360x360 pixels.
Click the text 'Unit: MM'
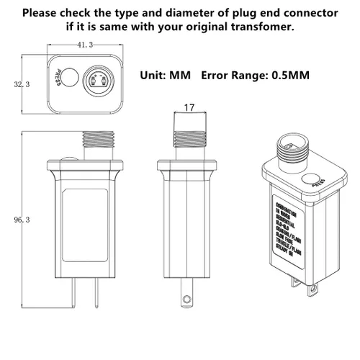[168, 75]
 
